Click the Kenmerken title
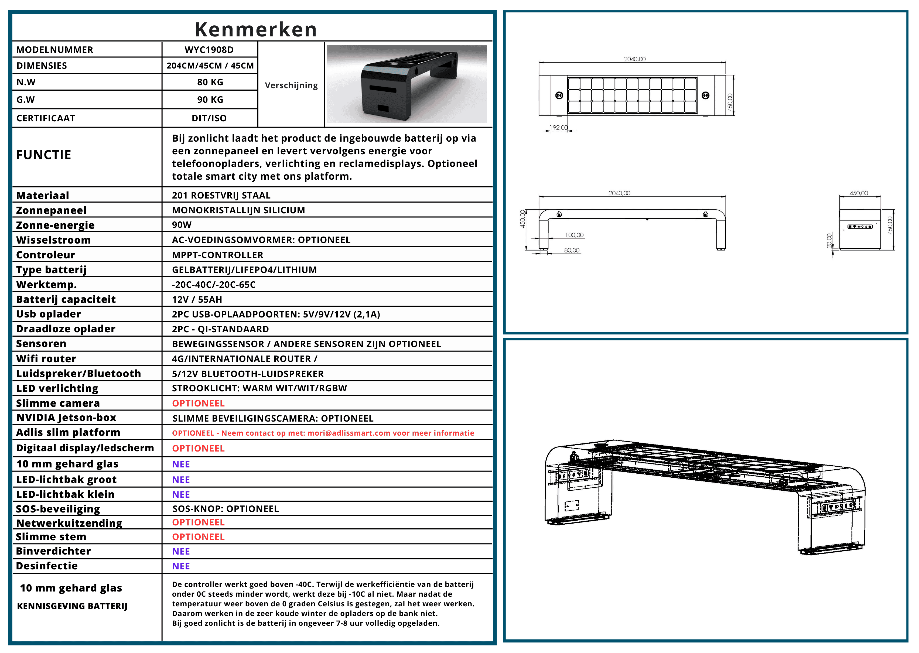pyautogui.click(x=256, y=29)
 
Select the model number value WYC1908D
pyautogui.click(x=209, y=50)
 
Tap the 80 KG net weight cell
pyautogui.click(x=210, y=82)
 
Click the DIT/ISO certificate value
pyautogui.click(x=209, y=118)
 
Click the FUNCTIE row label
pyautogui.click(x=43, y=155)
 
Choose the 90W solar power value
pyautogui.click(x=182, y=225)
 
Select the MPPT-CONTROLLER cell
pyautogui.click(x=217, y=255)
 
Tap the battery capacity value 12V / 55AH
pyautogui.click(x=197, y=300)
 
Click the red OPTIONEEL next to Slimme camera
pyautogui.click(x=198, y=403)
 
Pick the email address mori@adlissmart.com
pyautogui.click(x=349, y=433)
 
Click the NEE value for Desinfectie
pyautogui.click(x=181, y=566)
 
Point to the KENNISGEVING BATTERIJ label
pyautogui.click(x=72, y=606)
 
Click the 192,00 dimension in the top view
pyautogui.click(x=559, y=128)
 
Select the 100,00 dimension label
pyautogui.click(x=574, y=235)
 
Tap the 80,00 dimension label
pyautogui.click(x=572, y=250)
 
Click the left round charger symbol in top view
pyautogui.click(x=559, y=95)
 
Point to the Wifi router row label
pyautogui.click(x=46, y=359)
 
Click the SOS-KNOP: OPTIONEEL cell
pyautogui.click(x=226, y=509)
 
